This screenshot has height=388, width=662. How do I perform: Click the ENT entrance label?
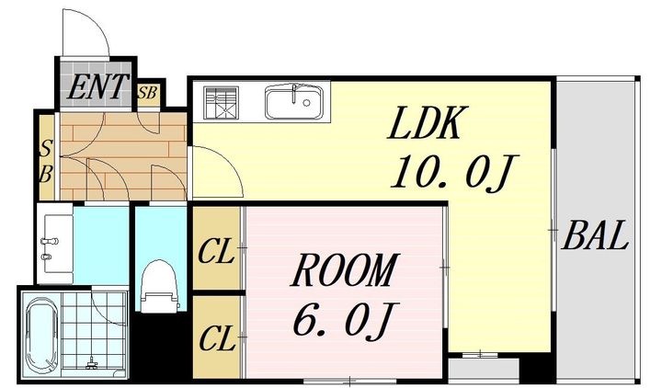click(97, 87)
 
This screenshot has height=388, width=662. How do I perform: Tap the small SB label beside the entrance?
click(147, 93)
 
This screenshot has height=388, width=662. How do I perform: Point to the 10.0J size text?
click(454, 172)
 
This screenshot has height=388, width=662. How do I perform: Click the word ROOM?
click(344, 270)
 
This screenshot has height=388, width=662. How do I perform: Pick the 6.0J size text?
click(343, 321)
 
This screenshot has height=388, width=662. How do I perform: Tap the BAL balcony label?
click(595, 236)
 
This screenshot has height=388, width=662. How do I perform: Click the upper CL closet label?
click(216, 251)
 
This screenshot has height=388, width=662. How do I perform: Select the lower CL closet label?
click(217, 338)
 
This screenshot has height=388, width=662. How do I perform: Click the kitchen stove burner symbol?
click(222, 103)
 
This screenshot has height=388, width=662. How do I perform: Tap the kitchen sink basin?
click(294, 102)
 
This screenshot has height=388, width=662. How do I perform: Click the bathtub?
click(42, 336)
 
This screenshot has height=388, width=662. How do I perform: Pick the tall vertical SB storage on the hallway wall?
click(47, 157)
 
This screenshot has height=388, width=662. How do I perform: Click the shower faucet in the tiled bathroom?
click(92, 362)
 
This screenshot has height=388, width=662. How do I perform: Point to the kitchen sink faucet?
click(294, 93)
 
